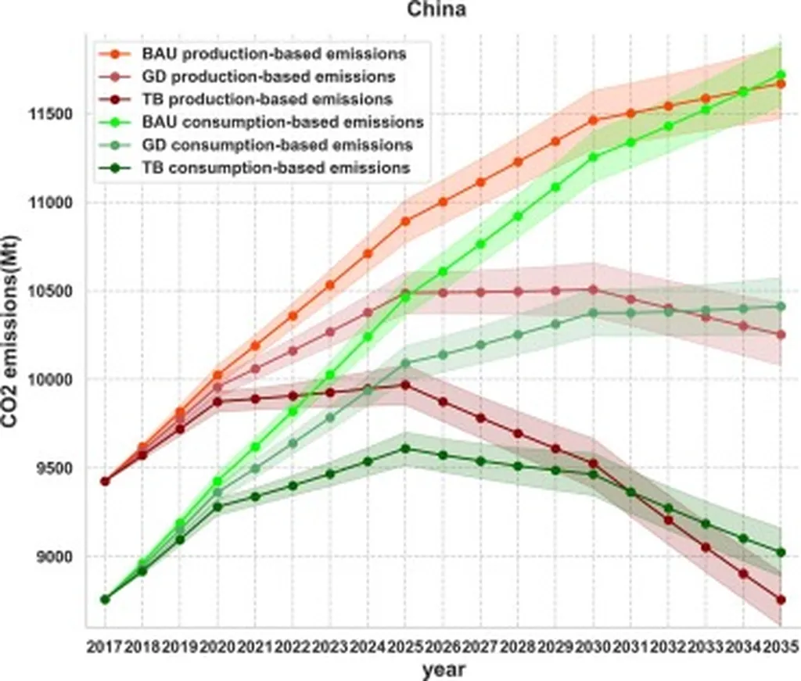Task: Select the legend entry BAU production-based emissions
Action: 274,54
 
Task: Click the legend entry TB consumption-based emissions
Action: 275,167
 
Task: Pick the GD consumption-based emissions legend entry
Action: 277,145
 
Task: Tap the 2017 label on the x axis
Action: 105,647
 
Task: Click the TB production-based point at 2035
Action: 780,600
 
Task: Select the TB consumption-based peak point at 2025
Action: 404,449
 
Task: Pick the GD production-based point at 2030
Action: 592,290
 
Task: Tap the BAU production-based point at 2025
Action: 404,221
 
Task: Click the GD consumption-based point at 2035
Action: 780,306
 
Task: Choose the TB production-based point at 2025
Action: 404,385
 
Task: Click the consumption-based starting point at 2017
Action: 105,599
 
